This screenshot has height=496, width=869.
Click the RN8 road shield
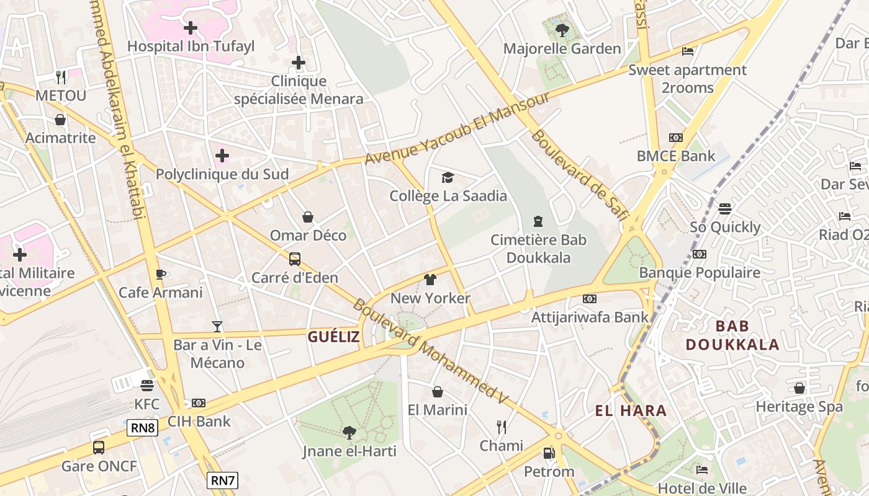point(142,427)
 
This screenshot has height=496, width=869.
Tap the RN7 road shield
point(222,480)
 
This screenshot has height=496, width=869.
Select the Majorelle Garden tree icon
point(562,29)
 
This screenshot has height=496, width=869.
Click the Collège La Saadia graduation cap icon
point(448,178)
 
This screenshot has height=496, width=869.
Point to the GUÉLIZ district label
point(333,337)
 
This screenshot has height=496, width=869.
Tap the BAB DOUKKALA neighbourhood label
point(732,335)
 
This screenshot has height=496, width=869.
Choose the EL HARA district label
point(631,410)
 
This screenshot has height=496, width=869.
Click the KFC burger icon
point(147,386)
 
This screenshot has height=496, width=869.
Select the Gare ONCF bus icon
point(98,447)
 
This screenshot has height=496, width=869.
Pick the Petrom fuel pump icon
point(549,453)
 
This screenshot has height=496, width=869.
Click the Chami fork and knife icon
point(502,427)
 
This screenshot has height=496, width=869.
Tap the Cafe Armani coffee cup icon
point(160,274)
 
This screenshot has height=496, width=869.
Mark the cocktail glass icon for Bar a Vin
point(217,326)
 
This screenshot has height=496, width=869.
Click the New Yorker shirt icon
point(430,280)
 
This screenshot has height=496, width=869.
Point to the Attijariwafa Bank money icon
point(589,299)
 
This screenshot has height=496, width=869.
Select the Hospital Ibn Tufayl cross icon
point(191,27)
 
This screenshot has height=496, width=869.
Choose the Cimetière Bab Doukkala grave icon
point(538,221)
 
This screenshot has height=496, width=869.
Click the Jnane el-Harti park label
point(349,451)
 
